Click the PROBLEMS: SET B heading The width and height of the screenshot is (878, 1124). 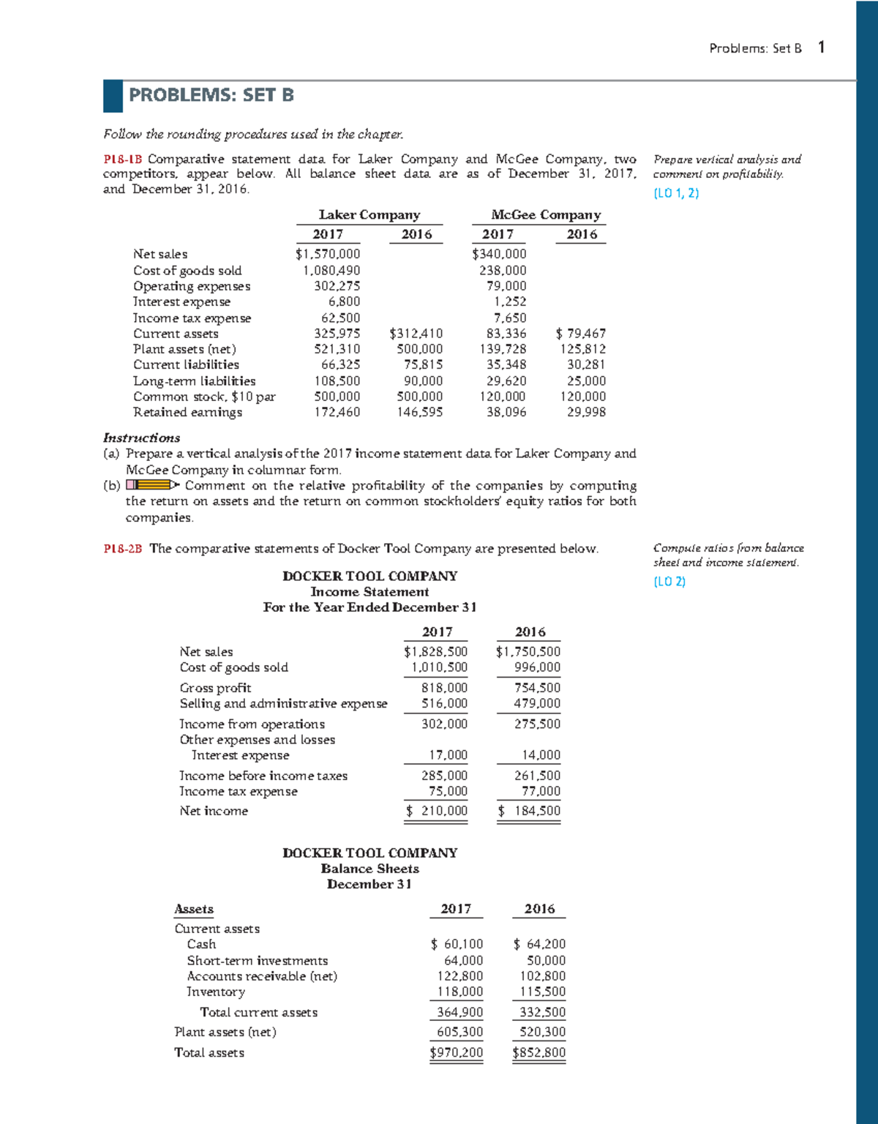[x=211, y=95]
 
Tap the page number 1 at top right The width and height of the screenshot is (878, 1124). [x=822, y=48]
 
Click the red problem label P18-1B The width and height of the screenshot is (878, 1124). [x=122, y=159]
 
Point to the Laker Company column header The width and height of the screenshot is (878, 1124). [x=369, y=214]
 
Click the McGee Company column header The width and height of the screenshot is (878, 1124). [x=546, y=214]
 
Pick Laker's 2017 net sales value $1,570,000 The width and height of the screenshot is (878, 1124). [x=327, y=254]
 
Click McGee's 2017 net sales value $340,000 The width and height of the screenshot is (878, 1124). [x=499, y=254]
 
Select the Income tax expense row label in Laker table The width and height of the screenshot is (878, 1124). [x=192, y=318]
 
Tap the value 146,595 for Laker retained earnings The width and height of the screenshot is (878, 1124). [x=419, y=412]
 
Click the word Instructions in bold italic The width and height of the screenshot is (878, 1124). [x=141, y=438]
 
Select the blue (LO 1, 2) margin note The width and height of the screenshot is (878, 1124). [x=675, y=193]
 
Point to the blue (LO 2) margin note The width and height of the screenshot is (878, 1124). [x=669, y=582]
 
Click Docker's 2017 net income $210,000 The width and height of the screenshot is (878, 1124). [x=437, y=811]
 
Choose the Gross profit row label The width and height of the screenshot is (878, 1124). [x=215, y=688]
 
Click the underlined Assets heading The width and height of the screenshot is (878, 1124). [x=194, y=909]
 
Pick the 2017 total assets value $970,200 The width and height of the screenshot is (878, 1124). [x=456, y=1053]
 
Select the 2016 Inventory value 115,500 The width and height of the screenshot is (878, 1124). [x=542, y=992]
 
